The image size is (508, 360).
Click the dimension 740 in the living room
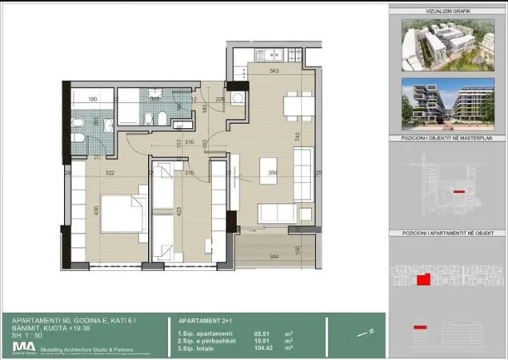296,137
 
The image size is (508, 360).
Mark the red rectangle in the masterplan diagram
458,192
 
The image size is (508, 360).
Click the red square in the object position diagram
422,279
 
